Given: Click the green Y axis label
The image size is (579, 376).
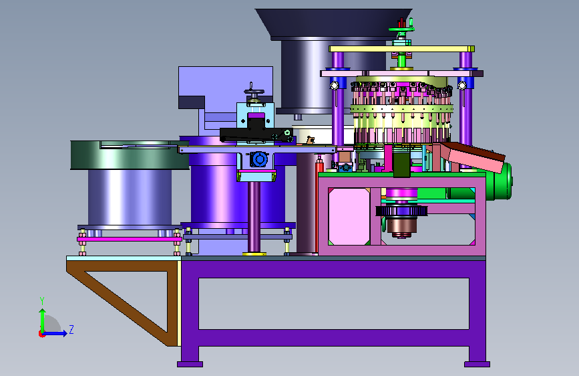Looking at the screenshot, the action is coord(42,301).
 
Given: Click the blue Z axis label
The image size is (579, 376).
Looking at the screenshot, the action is coord(71,329).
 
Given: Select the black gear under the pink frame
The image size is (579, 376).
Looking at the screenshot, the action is coord(402,211).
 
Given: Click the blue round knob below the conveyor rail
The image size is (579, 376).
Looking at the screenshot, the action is coord(260,159).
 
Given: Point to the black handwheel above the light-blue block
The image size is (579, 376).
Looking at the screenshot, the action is coord(254,92).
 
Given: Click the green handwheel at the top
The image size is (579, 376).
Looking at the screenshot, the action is coord(401,29).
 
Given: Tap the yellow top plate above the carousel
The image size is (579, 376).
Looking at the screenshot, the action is coord(401,49).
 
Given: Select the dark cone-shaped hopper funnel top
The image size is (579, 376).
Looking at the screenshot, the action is coord(333,23).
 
